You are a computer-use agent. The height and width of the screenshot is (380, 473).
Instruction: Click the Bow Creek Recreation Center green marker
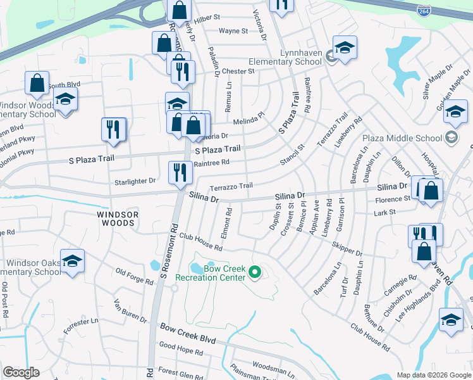pyautogui.click(x=255, y=273)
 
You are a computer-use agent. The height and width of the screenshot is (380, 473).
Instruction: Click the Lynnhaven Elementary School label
pyautogui.click(x=285, y=58)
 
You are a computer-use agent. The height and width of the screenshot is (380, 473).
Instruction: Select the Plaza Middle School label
pyautogui.click(x=402, y=137)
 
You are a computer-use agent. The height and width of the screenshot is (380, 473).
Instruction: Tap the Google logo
pyautogui.click(x=21, y=372)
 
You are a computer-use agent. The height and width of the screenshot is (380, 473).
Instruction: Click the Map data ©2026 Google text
pyautogui.click(x=433, y=375)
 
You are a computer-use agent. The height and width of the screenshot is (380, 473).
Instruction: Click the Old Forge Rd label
pyautogui.click(x=135, y=277)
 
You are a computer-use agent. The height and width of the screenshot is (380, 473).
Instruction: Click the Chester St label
pyautogui.click(x=238, y=72)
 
